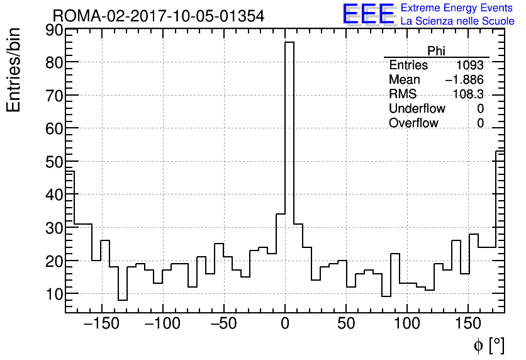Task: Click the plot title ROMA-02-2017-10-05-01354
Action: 159,15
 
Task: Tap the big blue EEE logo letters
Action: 368,14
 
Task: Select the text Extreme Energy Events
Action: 457,8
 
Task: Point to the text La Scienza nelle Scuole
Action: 457,21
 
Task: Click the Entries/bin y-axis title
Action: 14,70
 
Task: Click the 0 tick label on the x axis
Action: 285,324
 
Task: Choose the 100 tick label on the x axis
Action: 406,324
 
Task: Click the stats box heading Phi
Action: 436,51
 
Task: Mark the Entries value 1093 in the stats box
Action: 470,65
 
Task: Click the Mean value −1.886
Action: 464,80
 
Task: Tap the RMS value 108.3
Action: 468,94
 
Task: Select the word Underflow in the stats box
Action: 417,109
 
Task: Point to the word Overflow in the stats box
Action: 413,123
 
